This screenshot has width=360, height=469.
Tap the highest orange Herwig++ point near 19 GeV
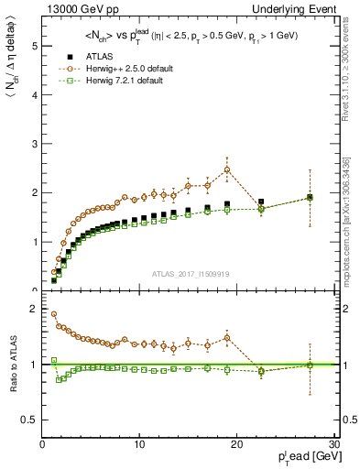(x=227, y=169)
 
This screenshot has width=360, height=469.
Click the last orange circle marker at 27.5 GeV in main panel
(x=310, y=197)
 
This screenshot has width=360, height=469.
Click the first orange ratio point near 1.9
(x=54, y=314)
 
